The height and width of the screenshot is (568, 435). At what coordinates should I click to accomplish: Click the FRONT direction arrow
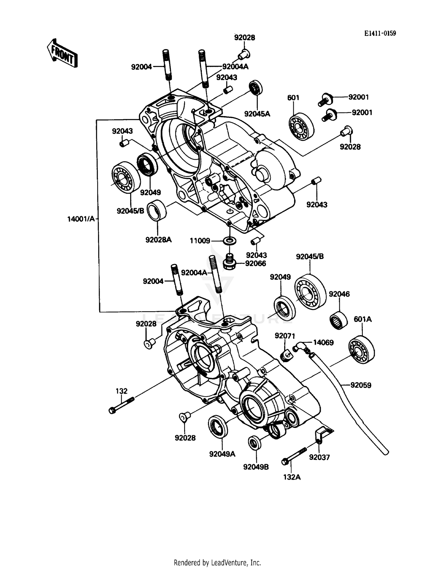(62, 53)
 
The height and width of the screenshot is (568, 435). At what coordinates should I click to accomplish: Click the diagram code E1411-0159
(380, 33)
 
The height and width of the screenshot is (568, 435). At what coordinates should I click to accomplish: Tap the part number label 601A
(362, 319)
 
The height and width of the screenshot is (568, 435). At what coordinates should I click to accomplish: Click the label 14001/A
(81, 219)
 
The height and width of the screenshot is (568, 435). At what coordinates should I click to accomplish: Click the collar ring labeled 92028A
(157, 210)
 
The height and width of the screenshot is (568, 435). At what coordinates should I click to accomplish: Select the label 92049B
(256, 467)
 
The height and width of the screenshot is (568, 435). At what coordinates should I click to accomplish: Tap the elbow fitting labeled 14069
(298, 346)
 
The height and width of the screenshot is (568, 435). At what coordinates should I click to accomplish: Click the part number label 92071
(285, 336)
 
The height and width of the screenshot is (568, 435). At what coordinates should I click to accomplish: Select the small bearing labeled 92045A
(256, 87)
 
